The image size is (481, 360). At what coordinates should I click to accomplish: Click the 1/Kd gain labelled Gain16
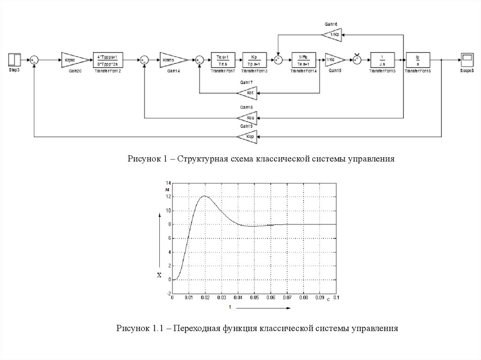[x=333, y=34]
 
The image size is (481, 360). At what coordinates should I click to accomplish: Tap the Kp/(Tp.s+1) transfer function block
[x=254, y=60]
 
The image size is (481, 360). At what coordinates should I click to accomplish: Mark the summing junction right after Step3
[x=35, y=60]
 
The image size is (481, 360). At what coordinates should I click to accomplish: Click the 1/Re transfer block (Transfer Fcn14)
[x=303, y=60]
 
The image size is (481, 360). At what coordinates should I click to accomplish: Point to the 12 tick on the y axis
[x=168, y=197]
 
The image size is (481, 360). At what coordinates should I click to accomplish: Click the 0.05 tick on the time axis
[x=254, y=298]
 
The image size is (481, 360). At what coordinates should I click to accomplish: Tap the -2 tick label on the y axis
[x=168, y=293]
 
